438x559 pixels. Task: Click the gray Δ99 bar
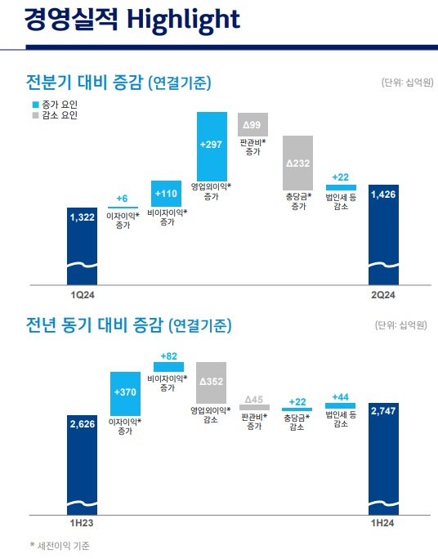tap(252, 124)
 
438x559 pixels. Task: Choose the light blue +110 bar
tap(167, 194)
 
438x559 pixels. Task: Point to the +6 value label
tap(123, 199)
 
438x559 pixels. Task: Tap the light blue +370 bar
tap(126, 393)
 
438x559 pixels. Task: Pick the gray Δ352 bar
tap(211, 381)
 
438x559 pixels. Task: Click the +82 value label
tap(168, 356)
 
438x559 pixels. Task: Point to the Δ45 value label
tap(255, 397)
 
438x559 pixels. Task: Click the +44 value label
tap(340, 396)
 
